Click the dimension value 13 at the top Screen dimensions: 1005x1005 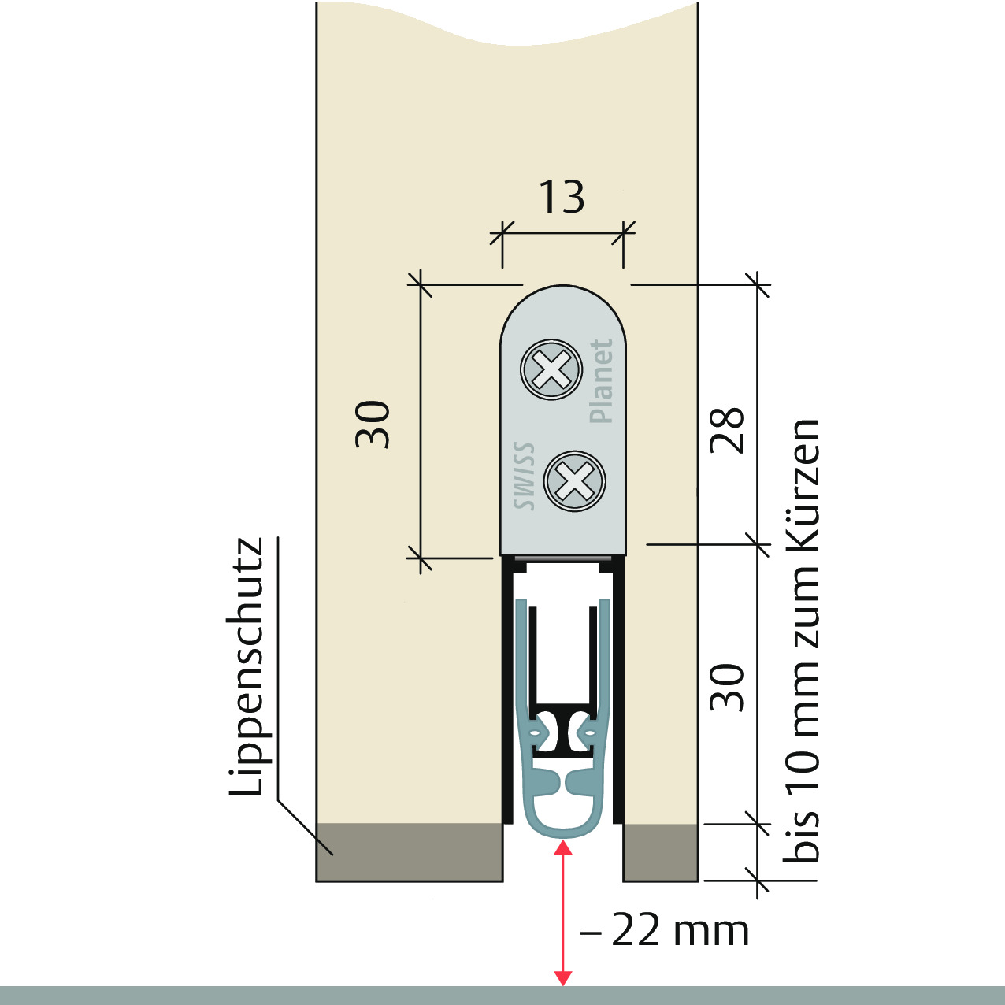561,197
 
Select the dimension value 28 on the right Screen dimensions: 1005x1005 727,430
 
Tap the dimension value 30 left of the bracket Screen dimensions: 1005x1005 373,425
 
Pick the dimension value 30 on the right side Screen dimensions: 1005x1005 727,688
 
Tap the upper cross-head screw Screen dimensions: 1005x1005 551,369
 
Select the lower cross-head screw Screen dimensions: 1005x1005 574,481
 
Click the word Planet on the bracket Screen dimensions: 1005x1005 601,380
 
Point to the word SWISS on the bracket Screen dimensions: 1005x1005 524,476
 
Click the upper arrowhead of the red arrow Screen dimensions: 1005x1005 562,848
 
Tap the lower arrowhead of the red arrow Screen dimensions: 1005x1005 562,978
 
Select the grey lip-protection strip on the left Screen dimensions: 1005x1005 410,852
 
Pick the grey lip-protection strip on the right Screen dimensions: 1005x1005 661,852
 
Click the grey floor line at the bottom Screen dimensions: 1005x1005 502,995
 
